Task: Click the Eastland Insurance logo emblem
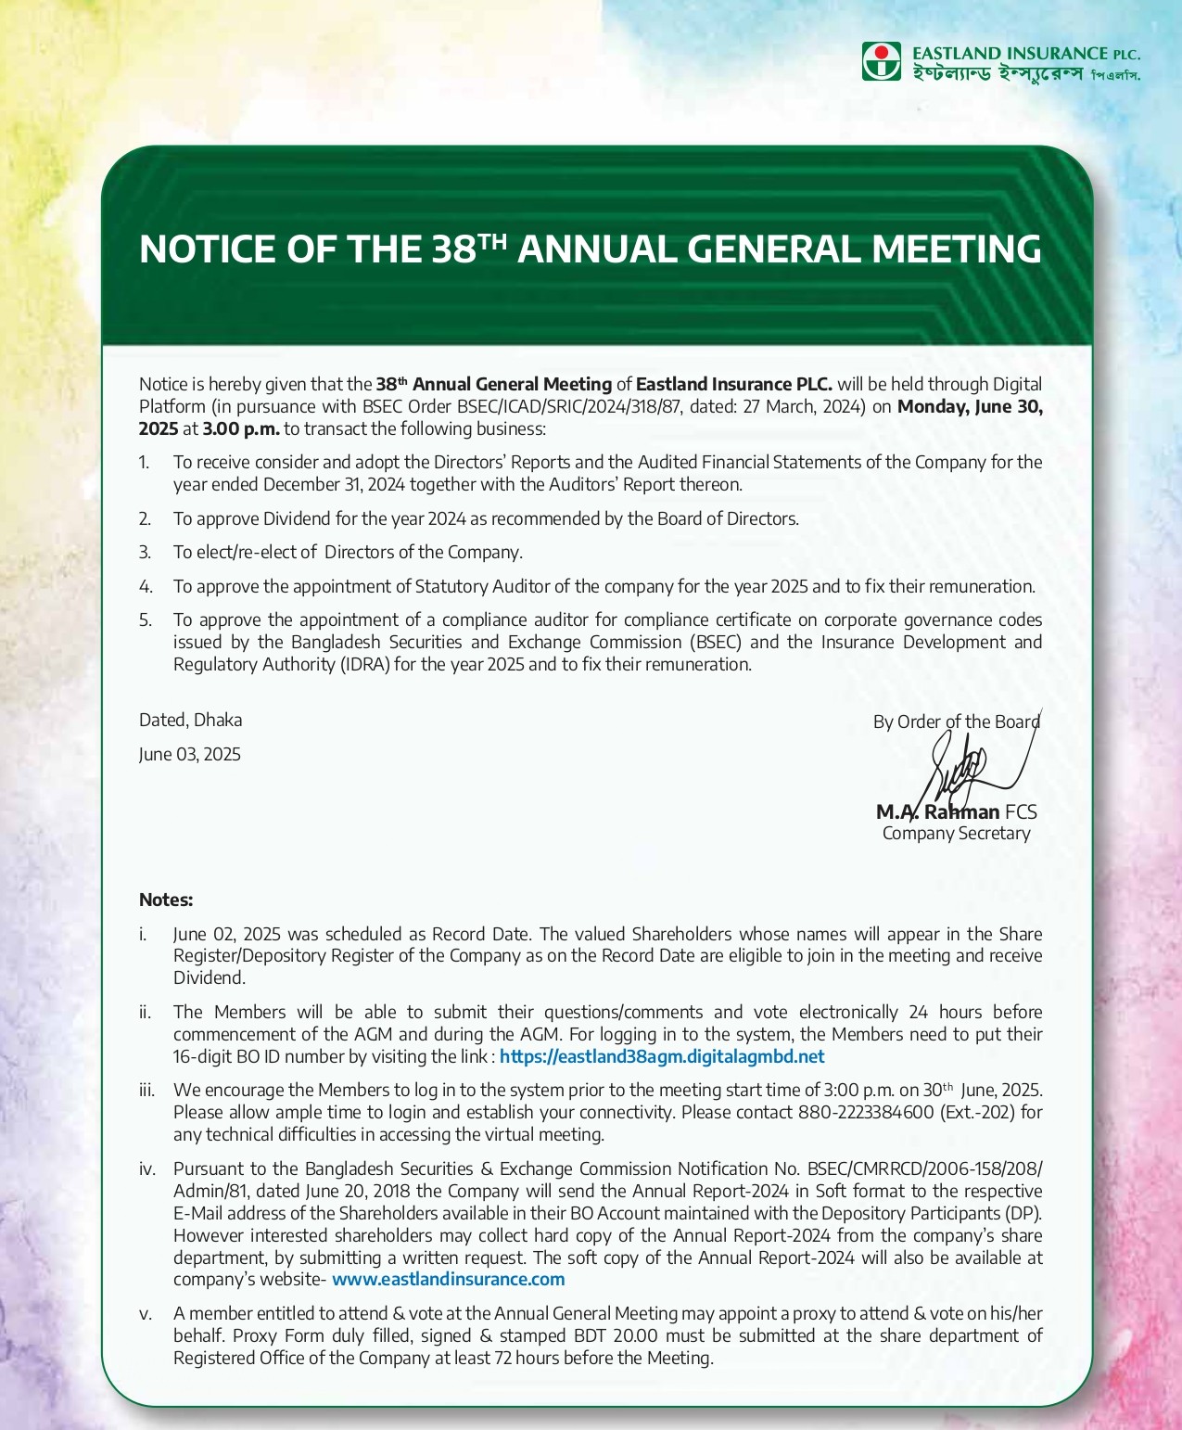881,61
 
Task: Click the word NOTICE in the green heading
207,249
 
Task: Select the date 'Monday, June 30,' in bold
970,406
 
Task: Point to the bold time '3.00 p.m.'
241,428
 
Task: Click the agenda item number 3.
145,553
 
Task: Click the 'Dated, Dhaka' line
190,721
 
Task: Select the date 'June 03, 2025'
189,755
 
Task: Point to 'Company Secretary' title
956,834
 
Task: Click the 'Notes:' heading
166,900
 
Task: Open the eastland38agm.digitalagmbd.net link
662,1057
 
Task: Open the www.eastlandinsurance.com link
448,1280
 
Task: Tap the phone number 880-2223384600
865,1113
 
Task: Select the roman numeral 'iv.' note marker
146,1169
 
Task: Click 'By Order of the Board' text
956,722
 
